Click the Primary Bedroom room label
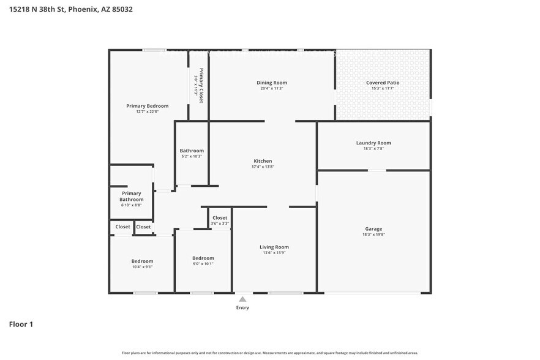[x=147, y=106]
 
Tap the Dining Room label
[x=271, y=83]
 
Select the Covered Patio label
[x=383, y=83]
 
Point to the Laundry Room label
[x=373, y=143]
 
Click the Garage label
[x=373, y=229]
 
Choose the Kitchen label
[x=263, y=161]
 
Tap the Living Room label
[x=274, y=247]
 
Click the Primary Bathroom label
[x=131, y=197]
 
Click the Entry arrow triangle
[x=242, y=299]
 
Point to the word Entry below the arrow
[x=242, y=307]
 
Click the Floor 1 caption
[x=21, y=324]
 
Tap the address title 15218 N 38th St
[x=71, y=9]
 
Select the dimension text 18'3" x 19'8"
[x=373, y=235]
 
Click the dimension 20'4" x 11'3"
[x=271, y=89]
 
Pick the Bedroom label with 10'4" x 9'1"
[x=142, y=261]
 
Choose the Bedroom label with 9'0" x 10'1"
[x=203, y=258]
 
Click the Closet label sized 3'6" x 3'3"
[x=220, y=218]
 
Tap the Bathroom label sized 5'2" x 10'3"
[x=192, y=151]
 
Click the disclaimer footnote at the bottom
[x=270, y=353]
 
